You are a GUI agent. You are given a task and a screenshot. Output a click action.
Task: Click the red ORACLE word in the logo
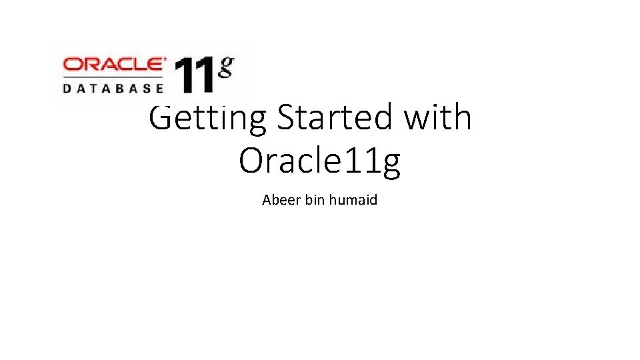113,65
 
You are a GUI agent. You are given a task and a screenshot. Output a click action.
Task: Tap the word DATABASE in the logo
113,87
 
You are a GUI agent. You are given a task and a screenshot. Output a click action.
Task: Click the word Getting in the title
207,119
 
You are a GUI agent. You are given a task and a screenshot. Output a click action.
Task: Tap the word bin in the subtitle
314,199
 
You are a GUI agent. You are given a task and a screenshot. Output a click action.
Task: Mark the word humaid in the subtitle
353,199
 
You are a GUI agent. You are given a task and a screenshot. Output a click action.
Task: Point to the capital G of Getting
161,118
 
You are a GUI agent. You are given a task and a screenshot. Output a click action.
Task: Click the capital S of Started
287,118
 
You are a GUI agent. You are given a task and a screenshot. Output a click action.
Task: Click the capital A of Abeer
267,199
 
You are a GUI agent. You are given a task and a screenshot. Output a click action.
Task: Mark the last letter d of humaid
373,199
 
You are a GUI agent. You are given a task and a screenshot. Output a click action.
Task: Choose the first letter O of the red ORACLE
71,65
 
